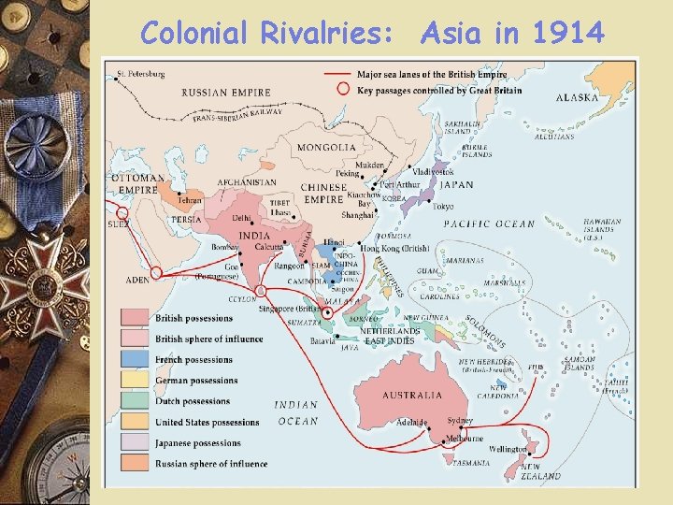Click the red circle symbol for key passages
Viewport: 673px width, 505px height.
[x=343, y=90]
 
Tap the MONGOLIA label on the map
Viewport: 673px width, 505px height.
[x=326, y=147]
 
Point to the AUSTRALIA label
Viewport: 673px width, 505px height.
[x=412, y=395]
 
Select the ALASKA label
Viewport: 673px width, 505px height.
[x=578, y=97]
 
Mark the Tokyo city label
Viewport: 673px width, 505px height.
[x=443, y=207]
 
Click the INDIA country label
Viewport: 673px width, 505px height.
[x=254, y=236]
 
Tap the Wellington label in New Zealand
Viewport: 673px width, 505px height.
[x=508, y=449]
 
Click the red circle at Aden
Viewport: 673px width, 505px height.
[x=156, y=273]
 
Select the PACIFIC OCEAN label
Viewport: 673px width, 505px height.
[x=489, y=224]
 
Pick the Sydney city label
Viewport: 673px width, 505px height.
[x=460, y=421]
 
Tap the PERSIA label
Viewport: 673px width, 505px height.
[x=186, y=220]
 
